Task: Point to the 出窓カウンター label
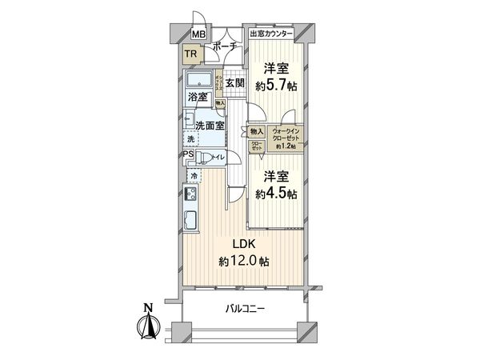click(271, 34)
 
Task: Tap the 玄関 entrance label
click(234, 82)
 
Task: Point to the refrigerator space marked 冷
click(194, 174)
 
